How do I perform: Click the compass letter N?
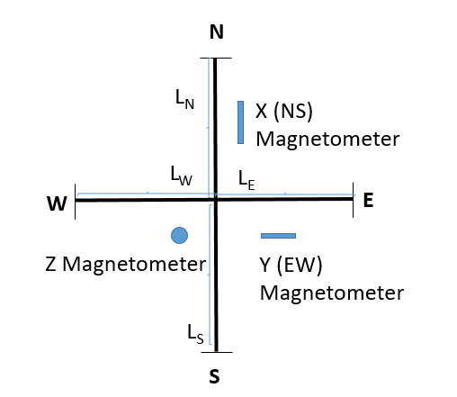pyautogui.click(x=217, y=32)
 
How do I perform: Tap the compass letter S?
pyautogui.click(x=214, y=376)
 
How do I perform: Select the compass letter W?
pyautogui.click(x=57, y=203)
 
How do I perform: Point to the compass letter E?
pyautogui.click(x=368, y=200)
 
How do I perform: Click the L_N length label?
pyautogui.click(x=184, y=99)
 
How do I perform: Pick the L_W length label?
pyautogui.click(x=181, y=176)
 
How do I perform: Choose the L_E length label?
pyautogui.click(x=246, y=181)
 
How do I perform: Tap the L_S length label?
pyautogui.click(x=195, y=334)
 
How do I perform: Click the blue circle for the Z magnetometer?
pyautogui.click(x=180, y=235)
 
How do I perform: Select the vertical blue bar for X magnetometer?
pyautogui.click(x=240, y=122)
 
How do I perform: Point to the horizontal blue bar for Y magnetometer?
pyautogui.click(x=278, y=236)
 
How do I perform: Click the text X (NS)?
pyautogui.click(x=284, y=112)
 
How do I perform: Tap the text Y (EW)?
pyautogui.click(x=291, y=266)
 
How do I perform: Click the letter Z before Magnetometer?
pyautogui.click(x=50, y=265)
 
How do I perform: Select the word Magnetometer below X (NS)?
pyautogui.click(x=327, y=139)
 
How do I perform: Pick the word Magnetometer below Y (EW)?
pyautogui.click(x=332, y=293)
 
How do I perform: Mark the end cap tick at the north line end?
pyautogui.click(x=216, y=58)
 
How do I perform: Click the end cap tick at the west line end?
pyautogui.click(x=75, y=202)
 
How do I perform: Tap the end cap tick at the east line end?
pyautogui.click(x=353, y=200)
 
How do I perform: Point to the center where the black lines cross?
pyautogui.click(x=216, y=199)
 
